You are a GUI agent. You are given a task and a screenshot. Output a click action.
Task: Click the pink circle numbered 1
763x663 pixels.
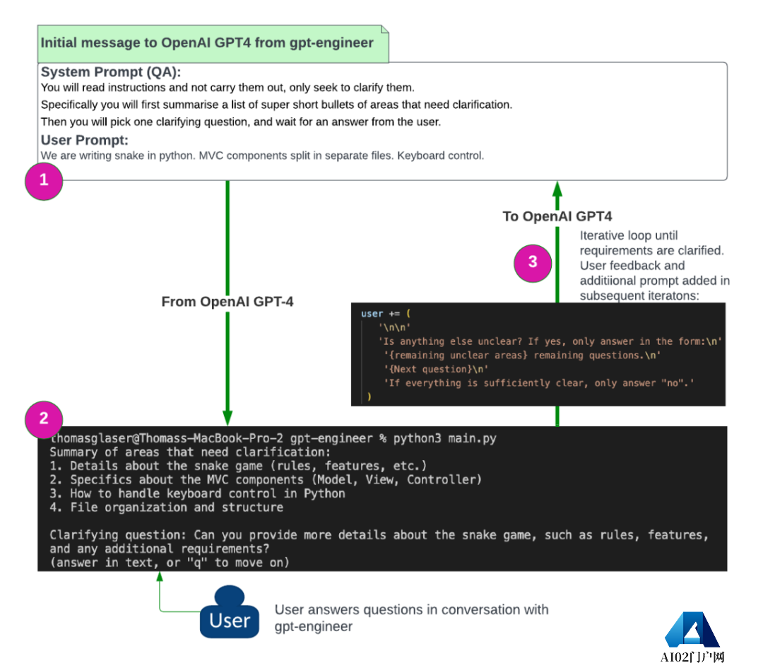(x=44, y=180)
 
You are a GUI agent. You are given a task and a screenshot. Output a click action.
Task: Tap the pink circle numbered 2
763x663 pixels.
(x=44, y=418)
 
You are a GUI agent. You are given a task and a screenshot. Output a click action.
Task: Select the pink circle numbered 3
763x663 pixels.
(x=533, y=262)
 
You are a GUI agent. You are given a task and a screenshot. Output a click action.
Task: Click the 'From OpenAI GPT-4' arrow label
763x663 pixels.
(x=227, y=302)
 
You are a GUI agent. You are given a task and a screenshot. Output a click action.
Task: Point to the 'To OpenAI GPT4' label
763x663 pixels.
(x=557, y=216)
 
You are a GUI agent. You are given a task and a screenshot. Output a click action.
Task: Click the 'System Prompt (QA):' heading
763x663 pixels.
(x=111, y=72)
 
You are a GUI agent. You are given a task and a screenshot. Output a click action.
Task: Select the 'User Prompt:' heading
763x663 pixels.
(x=84, y=140)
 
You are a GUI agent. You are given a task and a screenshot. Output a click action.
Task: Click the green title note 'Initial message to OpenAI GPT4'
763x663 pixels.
(x=207, y=42)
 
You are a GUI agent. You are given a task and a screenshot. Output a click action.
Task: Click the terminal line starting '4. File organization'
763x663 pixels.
(x=167, y=507)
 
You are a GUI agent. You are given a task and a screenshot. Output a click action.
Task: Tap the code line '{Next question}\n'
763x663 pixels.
(x=435, y=369)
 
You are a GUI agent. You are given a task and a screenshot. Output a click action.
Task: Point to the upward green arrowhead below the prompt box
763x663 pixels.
(x=557, y=188)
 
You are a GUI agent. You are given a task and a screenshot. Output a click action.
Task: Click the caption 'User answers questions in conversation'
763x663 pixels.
(x=411, y=609)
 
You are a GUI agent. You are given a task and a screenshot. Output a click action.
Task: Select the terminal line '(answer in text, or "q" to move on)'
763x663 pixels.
(x=169, y=562)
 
